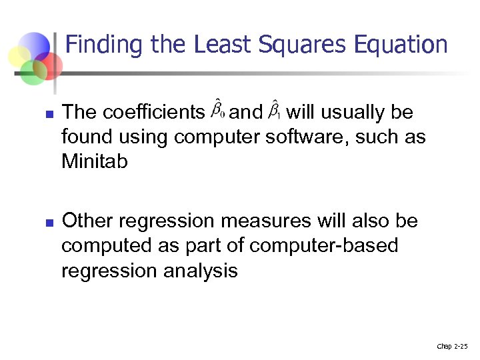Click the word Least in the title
click(x=221, y=45)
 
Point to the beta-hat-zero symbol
click(x=218, y=109)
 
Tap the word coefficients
click(x=154, y=112)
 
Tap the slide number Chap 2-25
click(x=452, y=346)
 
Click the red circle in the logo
click(x=50, y=65)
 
